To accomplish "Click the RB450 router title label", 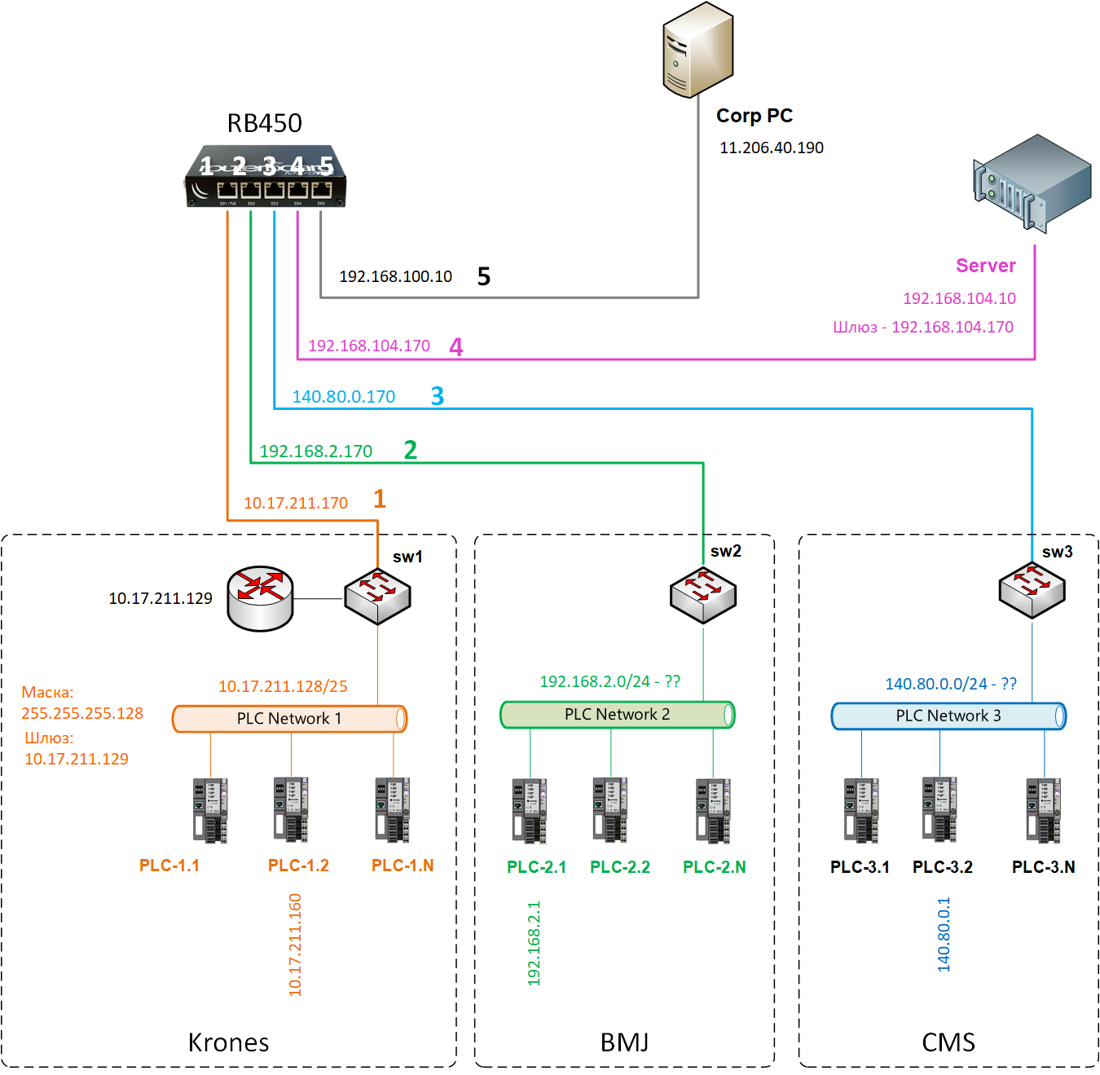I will (x=264, y=123).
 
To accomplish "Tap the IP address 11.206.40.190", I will (x=771, y=148).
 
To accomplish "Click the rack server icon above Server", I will (x=1032, y=183).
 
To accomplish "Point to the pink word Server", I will (x=985, y=266).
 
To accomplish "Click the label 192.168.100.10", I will (x=395, y=276).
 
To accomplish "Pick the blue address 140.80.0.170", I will (x=343, y=397).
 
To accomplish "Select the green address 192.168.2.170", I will (x=315, y=452).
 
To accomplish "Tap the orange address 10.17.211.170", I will (x=295, y=503).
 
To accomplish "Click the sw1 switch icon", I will (x=377, y=596).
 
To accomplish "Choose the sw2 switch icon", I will (x=702, y=595).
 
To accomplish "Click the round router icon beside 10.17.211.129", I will (x=260, y=598).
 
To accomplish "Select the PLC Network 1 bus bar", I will (x=289, y=719).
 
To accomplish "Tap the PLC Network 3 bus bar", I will (x=948, y=716).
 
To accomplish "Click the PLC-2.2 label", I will (x=619, y=867).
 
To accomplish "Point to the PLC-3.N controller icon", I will (x=1044, y=810).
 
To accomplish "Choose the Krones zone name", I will (x=228, y=1042).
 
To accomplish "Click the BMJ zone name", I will (x=624, y=1042).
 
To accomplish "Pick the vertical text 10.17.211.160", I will (x=295, y=945).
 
